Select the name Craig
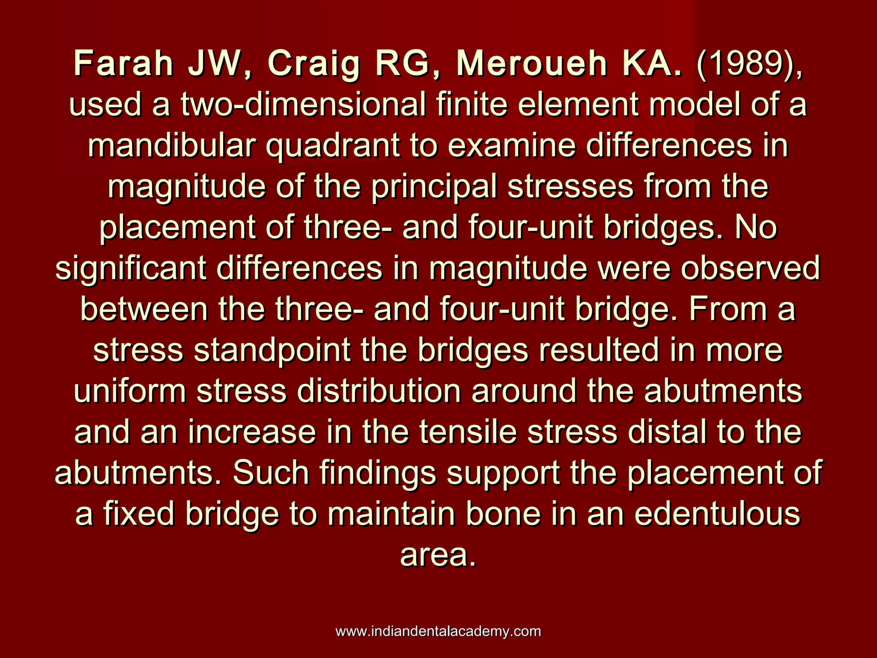(x=313, y=64)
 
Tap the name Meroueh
(x=531, y=63)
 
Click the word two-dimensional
(x=303, y=105)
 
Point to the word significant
(x=131, y=269)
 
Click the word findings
(x=378, y=474)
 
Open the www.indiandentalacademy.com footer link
(x=438, y=631)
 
